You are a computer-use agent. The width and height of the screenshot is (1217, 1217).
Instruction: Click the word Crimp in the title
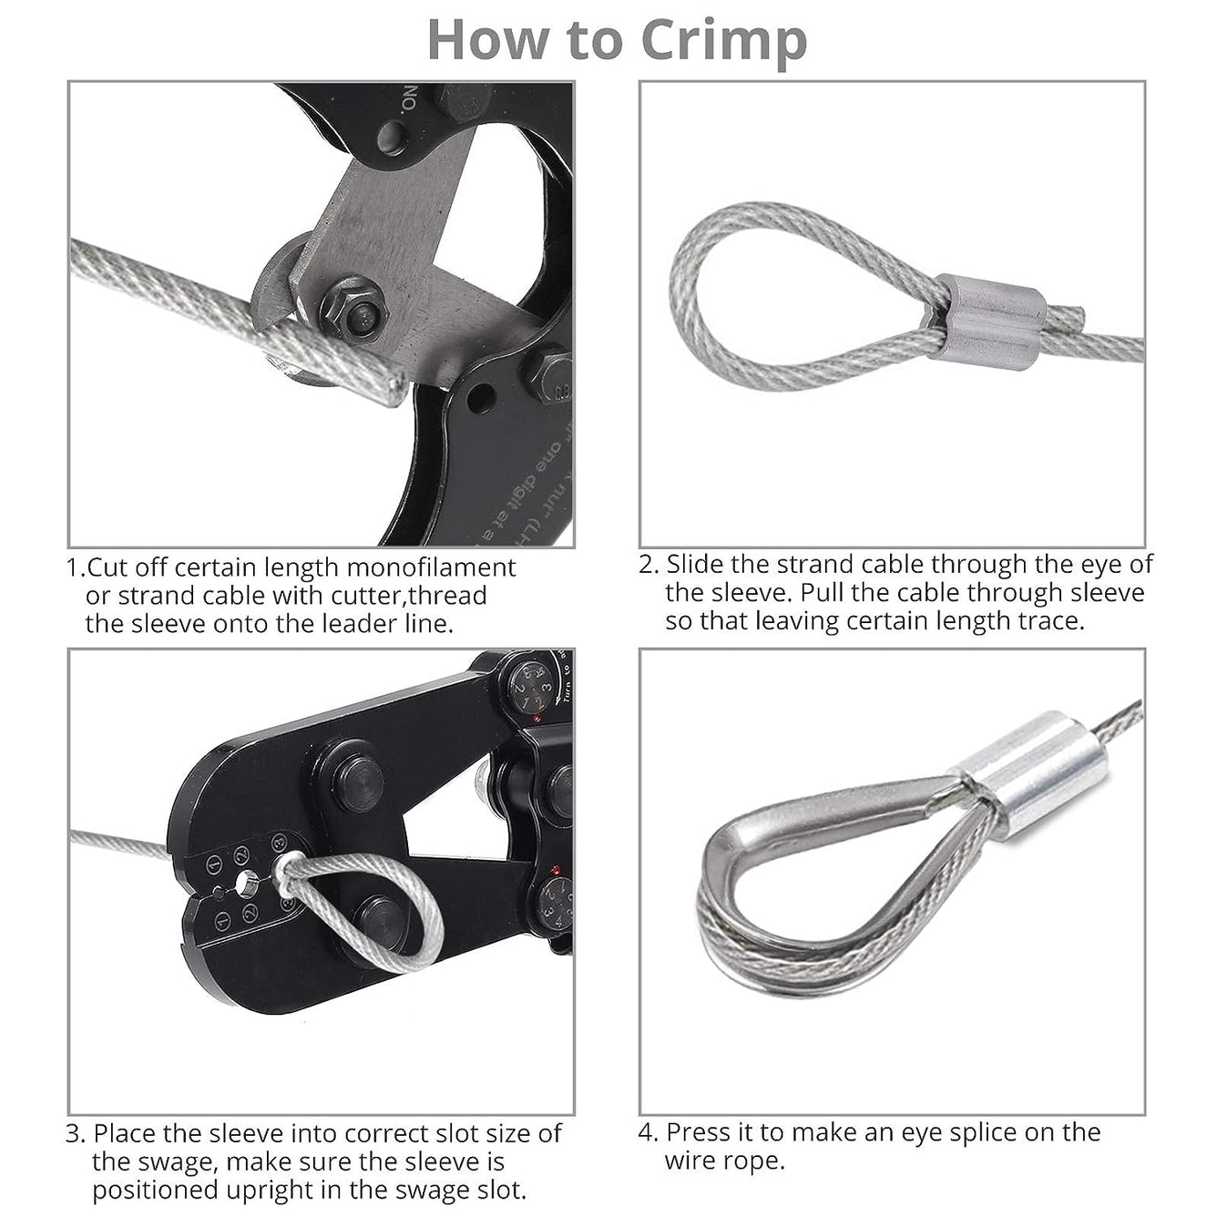click(x=723, y=39)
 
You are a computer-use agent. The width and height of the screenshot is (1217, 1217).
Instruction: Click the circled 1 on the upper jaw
click(x=214, y=862)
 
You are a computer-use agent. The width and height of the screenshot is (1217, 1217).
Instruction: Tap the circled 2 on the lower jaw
click(x=250, y=913)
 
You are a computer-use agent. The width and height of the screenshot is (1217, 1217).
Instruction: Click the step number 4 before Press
click(x=647, y=1132)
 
